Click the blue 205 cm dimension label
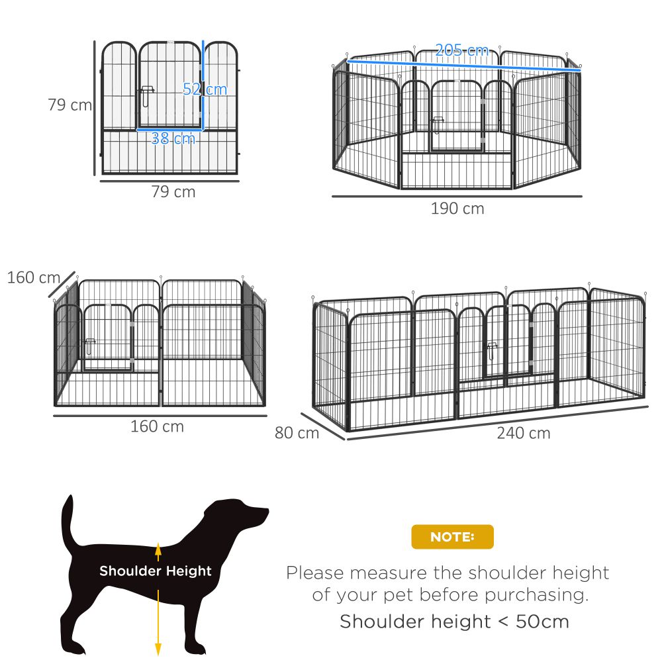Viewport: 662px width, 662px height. coord(461,50)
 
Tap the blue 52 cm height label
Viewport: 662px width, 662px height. coord(205,89)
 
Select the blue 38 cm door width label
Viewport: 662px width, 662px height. coord(173,138)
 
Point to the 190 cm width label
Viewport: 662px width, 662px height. coord(457,209)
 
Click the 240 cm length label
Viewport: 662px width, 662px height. coord(524,434)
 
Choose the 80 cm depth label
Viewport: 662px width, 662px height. coord(297,434)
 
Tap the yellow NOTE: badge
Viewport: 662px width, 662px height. coord(452,537)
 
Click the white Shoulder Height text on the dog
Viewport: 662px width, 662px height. coord(156,571)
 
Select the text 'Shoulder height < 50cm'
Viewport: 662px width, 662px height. coord(454,622)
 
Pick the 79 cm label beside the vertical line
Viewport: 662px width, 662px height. coord(70,105)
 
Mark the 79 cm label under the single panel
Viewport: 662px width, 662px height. coord(173,192)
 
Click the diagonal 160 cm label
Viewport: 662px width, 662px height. coord(33,277)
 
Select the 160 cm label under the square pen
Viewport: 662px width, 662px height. coord(157,426)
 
